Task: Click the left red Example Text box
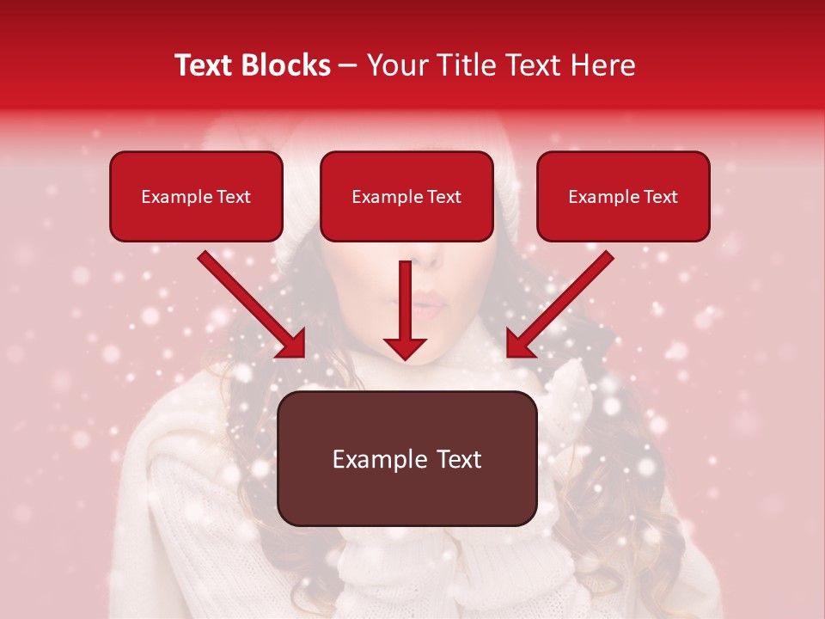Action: (x=196, y=196)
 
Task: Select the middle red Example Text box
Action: (x=406, y=196)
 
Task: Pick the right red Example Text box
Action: (x=623, y=196)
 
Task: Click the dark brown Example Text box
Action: (x=406, y=458)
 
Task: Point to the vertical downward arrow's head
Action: (x=405, y=347)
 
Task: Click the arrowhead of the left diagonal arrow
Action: (x=293, y=345)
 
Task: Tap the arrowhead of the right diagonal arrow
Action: (x=518, y=345)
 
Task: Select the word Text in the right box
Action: (x=660, y=197)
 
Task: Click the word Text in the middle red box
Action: (x=443, y=197)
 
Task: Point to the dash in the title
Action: (x=348, y=65)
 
